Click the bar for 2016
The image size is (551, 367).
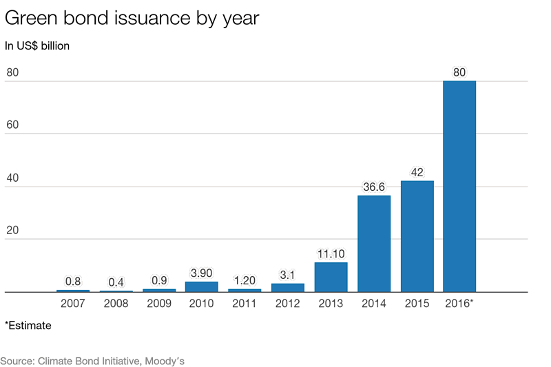(459, 186)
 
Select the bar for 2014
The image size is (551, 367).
(374, 244)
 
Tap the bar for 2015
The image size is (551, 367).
(417, 236)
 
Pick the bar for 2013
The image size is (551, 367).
(331, 277)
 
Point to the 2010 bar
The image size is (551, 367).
(202, 286)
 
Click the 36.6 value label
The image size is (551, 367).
(374, 186)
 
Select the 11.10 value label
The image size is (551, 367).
(331, 253)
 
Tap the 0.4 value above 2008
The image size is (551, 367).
(116, 282)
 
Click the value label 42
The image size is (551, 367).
(417, 171)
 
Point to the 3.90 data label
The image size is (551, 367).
(202, 272)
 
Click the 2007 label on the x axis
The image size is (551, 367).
(73, 304)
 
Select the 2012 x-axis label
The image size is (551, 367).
(288, 304)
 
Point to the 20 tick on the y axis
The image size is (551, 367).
(13, 230)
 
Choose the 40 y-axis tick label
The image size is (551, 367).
(13, 178)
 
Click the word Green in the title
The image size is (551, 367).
(34, 19)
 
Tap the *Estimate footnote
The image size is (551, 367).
(28, 326)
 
